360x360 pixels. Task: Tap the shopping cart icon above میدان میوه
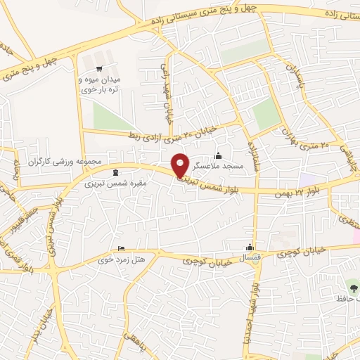(99, 68)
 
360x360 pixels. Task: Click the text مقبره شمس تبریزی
(115, 184)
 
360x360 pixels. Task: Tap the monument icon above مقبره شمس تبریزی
(116, 172)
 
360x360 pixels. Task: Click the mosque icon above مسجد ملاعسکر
(219, 156)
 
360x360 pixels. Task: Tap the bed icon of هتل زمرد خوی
(122, 248)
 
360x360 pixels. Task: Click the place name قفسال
(251, 259)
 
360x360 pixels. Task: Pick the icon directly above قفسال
(250, 247)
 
